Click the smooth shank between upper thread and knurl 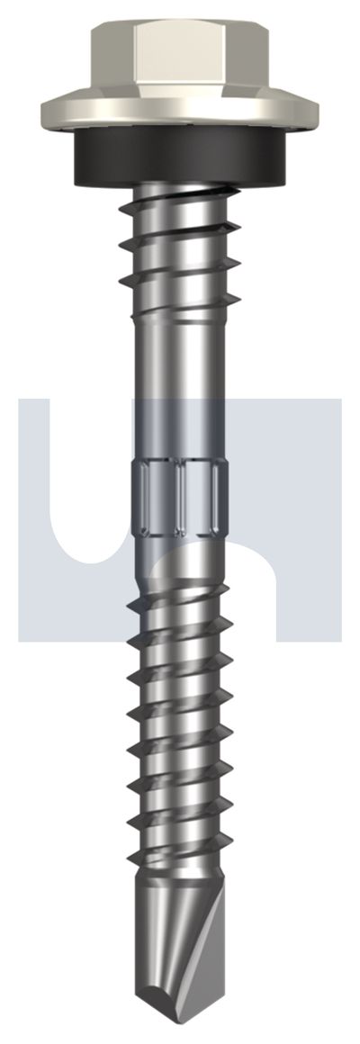(180, 378)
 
